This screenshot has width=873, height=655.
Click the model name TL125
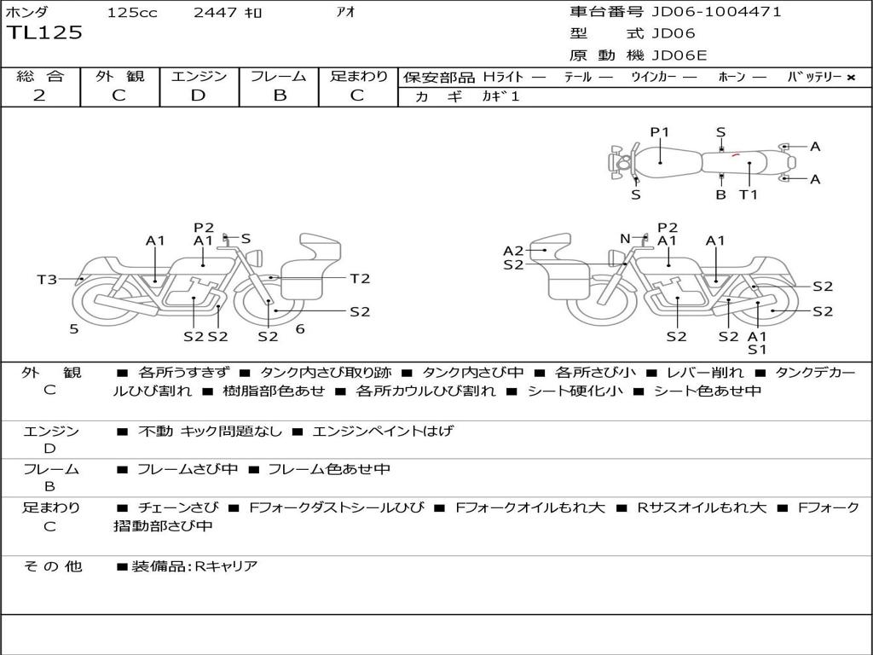click(45, 33)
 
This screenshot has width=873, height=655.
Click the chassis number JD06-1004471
click(716, 12)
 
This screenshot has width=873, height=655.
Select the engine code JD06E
click(679, 55)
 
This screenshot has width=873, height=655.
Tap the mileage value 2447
click(217, 12)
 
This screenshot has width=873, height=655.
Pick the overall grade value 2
click(40, 96)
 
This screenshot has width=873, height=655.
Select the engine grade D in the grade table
click(199, 96)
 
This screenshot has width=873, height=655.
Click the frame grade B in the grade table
click(279, 96)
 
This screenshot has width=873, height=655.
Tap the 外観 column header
click(119, 76)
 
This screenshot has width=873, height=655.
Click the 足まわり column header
click(358, 76)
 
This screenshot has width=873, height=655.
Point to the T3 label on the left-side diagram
click(47, 279)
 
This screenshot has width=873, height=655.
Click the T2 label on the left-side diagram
click(360, 278)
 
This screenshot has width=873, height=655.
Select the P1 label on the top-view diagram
click(660, 132)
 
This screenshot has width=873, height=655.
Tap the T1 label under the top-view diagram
click(748, 194)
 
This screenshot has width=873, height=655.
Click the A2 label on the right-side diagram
click(513, 251)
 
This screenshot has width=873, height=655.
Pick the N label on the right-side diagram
click(625, 239)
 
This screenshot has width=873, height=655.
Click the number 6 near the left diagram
click(300, 328)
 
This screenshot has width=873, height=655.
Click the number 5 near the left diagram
click(74, 328)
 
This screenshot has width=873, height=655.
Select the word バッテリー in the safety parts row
click(814, 77)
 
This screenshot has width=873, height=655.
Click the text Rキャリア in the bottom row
click(226, 565)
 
